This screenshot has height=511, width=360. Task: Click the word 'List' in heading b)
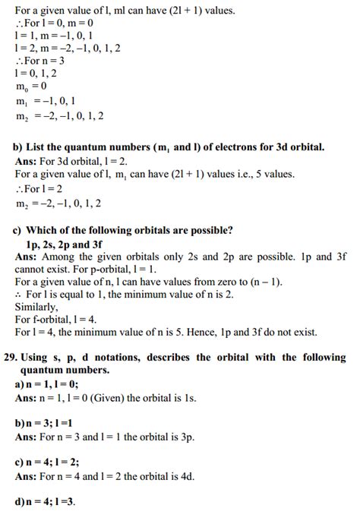(x=38, y=147)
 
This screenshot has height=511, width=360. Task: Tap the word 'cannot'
(x=32, y=268)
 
